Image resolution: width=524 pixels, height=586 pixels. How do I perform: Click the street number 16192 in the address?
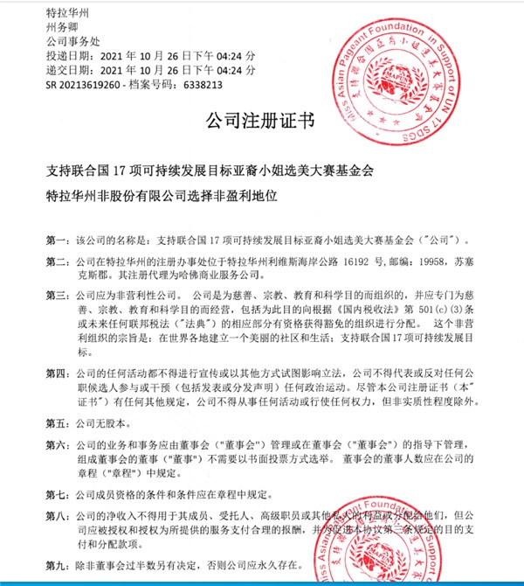click(368, 261)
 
